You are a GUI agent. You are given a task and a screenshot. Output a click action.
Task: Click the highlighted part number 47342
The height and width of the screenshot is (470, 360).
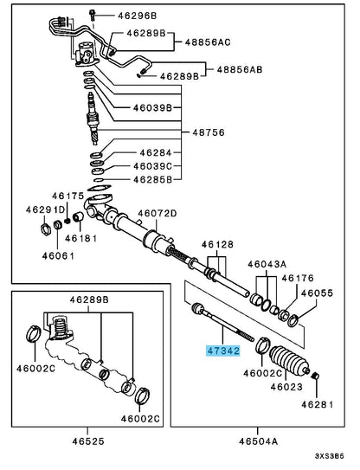[223, 351]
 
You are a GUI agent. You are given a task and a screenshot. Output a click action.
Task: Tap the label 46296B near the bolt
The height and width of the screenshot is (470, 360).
[137, 16]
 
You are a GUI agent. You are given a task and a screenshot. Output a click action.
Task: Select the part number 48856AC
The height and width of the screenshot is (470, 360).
[208, 42]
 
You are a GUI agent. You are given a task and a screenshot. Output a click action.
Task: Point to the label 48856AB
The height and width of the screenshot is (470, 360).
[240, 69]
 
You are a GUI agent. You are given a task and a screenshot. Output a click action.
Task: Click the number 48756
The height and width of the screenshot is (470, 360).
[209, 132]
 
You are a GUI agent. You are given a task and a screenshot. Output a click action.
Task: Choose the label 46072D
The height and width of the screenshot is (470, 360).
[157, 214]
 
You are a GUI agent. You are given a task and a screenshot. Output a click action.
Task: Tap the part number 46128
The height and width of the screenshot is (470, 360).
[217, 245]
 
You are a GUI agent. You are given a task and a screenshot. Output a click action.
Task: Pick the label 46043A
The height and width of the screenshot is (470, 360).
[267, 264]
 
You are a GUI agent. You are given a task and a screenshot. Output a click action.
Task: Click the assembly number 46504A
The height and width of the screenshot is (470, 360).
[258, 441]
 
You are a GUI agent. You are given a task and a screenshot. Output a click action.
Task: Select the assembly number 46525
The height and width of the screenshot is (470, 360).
[88, 441]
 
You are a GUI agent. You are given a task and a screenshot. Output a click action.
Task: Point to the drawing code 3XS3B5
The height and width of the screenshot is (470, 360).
[329, 456]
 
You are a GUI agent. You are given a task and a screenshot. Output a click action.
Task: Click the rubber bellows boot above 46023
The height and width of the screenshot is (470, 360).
[290, 360]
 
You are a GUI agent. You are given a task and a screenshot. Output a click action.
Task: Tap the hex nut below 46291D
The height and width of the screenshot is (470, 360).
[45, 229]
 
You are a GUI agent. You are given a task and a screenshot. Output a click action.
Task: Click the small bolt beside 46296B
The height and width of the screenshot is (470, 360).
[92, 14]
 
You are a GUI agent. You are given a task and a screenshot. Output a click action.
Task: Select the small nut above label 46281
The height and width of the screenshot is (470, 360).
[315, 376]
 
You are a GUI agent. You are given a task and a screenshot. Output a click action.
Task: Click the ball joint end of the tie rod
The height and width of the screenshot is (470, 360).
[198, 308]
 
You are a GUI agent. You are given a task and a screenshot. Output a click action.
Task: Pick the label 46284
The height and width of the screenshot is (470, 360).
[156, 153]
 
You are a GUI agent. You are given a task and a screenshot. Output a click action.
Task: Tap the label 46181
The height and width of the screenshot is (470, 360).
[81, 238]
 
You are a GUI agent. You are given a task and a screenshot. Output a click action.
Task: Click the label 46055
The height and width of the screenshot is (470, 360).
[317, 293]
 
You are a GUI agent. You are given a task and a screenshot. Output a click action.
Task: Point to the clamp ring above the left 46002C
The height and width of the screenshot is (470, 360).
[33, 333]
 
